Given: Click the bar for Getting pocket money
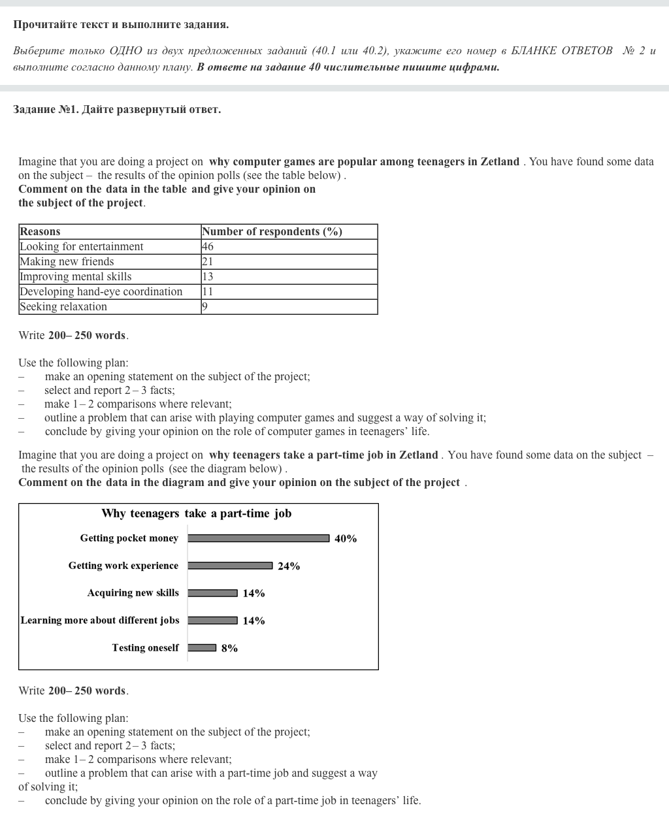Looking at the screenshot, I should (x=259, y=538).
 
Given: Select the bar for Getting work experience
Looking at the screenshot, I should (x=230, y=566).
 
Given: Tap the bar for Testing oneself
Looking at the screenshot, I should (x=202, y=648).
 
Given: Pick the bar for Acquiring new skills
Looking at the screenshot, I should (x=213, y=593).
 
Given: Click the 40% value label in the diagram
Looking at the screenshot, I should (x=346, y=539).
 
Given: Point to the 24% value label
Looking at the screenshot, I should (x=289, y=566).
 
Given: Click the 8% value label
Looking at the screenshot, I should (x=229, y=649).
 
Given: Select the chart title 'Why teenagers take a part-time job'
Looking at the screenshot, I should (x=197, y=513).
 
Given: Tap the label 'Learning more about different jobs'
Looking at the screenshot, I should (x=100, y=621).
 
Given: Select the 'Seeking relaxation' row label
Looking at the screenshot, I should (x=63, y=306).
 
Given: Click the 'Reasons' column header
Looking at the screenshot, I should (x=40, y=231).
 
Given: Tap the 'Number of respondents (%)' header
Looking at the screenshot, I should (x=272, y=231).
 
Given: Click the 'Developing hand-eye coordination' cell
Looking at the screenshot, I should (x=101, y=291).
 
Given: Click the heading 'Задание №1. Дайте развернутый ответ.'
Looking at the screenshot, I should (x=117, y=109).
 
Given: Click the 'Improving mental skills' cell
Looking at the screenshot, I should (x=76, y=276).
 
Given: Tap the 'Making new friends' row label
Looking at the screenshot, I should (x=67, y=261).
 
